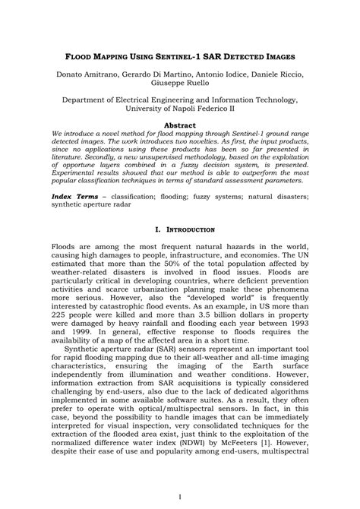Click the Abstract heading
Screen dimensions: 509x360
pyautogui.click(x=180, y=125)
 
